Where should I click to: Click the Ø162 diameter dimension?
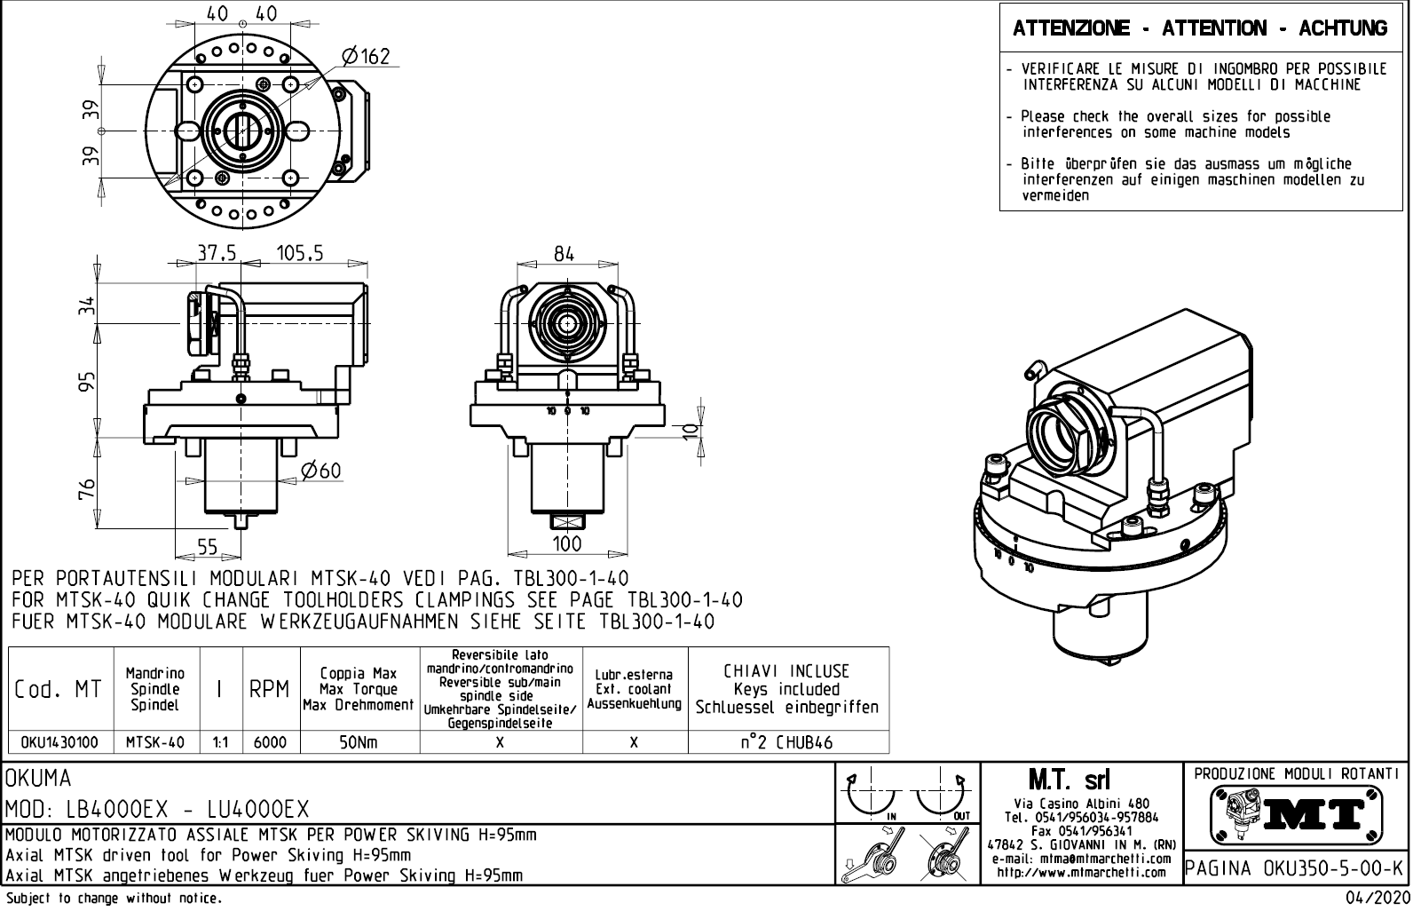click(x=365, y=57)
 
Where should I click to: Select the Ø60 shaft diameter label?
click(x=321, y=471)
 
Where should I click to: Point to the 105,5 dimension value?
click(x=299, y=254)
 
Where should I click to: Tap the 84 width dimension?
click(x=564, y=254)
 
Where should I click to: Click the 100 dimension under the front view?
click(x=566, y=543)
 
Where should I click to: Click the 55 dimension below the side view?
click(x=207, y=548)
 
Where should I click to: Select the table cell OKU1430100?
click(x=59, y=742)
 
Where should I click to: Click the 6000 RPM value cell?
click(x=270, y=742)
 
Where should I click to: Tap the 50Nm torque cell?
click(x=359, y=742)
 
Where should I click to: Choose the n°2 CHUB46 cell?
click(x=787, y=742)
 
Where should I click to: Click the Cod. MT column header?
click(x=59, y=689)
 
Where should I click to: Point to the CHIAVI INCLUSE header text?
click(x=786, y=671)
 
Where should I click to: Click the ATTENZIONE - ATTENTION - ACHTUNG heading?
click(x=1200, y=28)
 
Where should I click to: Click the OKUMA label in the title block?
click(x=40, y=779)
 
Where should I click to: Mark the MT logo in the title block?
click(x=1294, y=811)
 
